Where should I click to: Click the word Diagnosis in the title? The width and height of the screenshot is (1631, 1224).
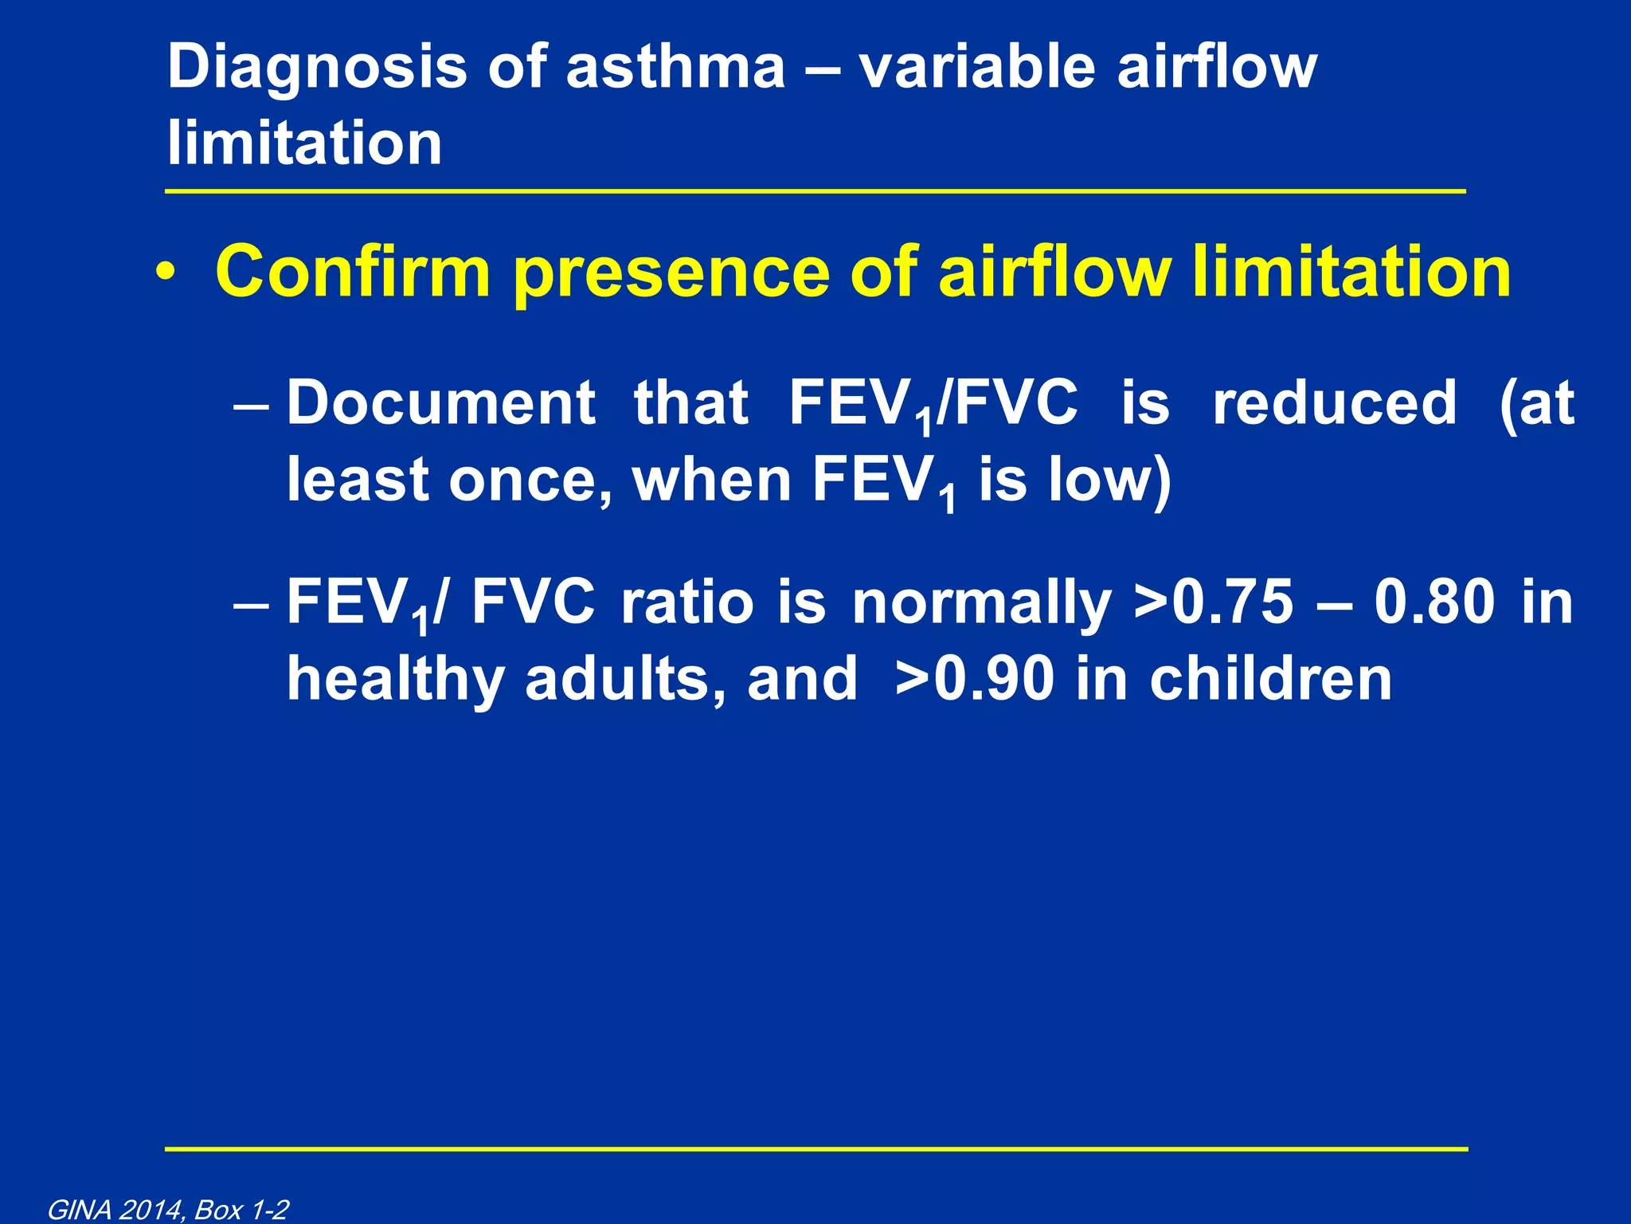click(x=317, y=68)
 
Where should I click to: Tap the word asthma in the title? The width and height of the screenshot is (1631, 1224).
click(x=675, y=68)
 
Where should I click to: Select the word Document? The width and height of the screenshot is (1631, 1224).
click(x=440, y=402)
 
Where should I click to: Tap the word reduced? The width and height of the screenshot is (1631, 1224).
click(x=1334, y=402)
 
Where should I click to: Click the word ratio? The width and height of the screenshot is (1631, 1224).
click(x=686, y=602)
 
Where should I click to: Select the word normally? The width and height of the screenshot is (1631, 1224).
click(x=981, y=603)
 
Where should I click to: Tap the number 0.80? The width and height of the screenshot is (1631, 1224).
click(x=1434, y=602)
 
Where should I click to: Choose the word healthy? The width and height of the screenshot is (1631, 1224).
click(x=395, y=679)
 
